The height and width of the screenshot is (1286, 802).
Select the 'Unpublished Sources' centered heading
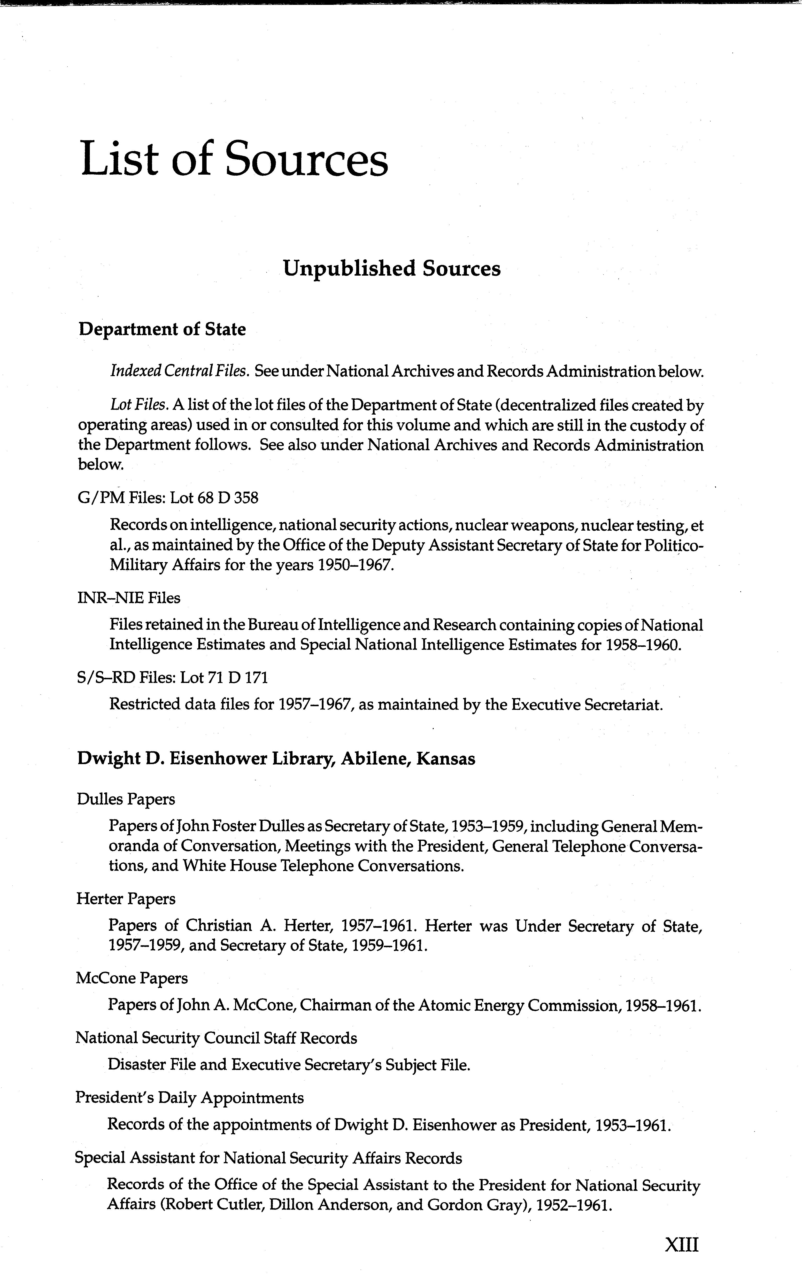point(392,268)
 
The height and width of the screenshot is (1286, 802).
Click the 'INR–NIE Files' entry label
point(128,598)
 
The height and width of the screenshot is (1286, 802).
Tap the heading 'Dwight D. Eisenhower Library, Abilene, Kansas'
point(276,759)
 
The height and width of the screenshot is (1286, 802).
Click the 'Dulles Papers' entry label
point(126,799)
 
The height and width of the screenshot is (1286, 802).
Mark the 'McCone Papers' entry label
point(131,978)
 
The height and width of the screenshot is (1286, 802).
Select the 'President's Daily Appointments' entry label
point(189,1098)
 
